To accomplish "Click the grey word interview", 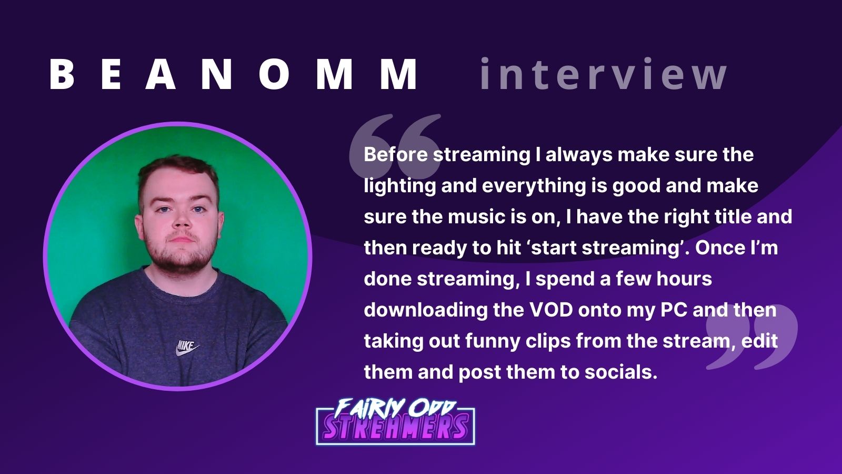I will pyautogui.click(x=603, y=74).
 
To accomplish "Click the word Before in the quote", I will pyautogui.click(x=395, y=155).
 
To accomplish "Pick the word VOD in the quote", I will pyautogui.click(x=550, y=310).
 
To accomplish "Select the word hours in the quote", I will pyautogui.click(x=684, y=279).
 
